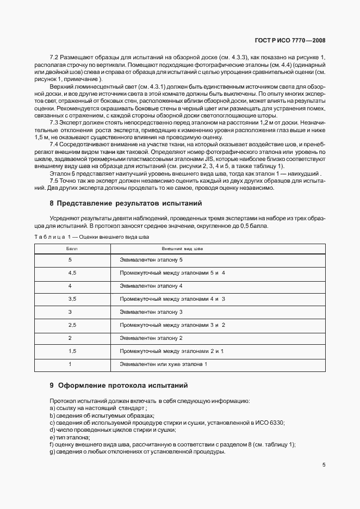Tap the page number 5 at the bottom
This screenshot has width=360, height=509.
tap(324, 465)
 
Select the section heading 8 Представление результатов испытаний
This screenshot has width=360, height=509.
tap(126, 203)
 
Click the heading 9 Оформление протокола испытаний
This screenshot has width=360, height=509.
tap(119, 386)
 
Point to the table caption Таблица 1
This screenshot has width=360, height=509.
tap(91, 237)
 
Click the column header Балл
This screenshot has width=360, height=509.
tap(72, 248)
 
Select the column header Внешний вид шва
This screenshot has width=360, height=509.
tap(182, 248)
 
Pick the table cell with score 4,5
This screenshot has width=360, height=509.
tap(72, 272)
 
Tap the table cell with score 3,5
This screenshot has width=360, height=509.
tap(72, 299)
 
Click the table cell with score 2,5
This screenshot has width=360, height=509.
tap(72, 325)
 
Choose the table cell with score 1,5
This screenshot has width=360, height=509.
tap(72, 351)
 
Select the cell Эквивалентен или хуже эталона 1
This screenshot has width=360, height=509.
tap(164, 364)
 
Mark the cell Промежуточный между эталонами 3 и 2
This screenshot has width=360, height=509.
tap(172, 325)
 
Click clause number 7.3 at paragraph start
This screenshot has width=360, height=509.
tap(55, 122)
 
